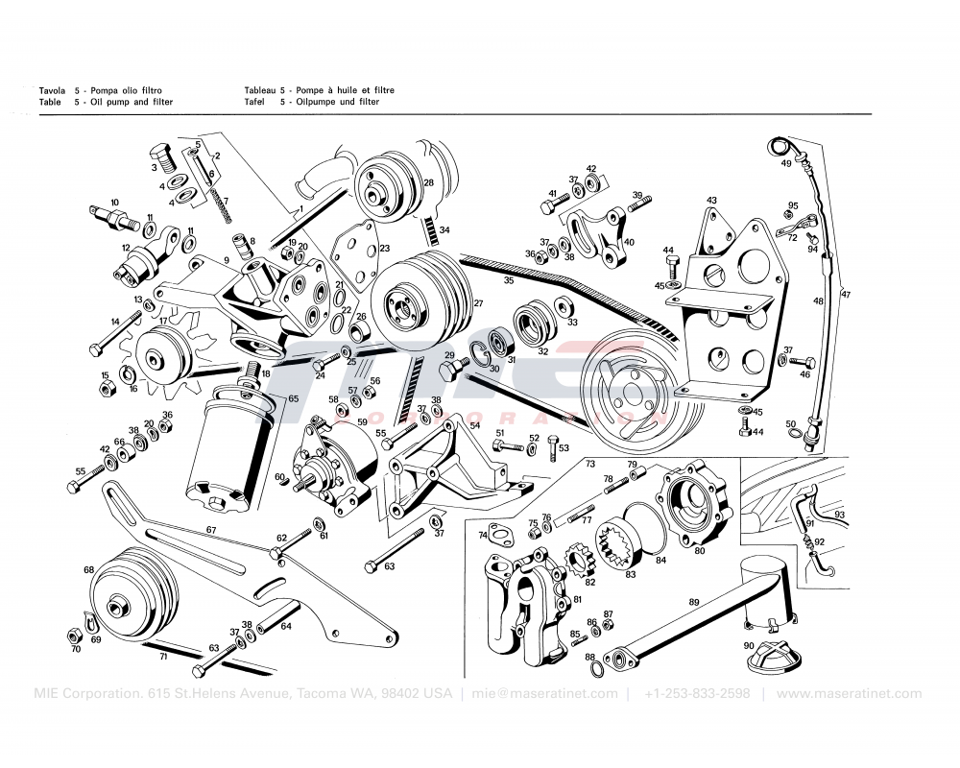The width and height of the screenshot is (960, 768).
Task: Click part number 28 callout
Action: tap(428, 182)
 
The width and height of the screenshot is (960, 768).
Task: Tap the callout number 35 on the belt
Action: tap(509, 281)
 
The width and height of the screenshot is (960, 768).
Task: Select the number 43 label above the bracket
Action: tap(711, 201)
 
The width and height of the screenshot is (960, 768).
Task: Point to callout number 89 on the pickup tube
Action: tap(694, 602)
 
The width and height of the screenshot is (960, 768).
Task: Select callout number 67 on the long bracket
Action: tap(211, 529)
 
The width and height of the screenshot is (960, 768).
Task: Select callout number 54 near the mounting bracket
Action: tap(474, 424)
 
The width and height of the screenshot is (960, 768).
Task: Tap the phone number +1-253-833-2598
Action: tap(697, 694)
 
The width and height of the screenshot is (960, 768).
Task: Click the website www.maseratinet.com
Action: tap(849, 694)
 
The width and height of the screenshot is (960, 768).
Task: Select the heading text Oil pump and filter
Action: tap(131, 102)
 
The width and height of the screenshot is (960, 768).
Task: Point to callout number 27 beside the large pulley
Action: tap(477, 303)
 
